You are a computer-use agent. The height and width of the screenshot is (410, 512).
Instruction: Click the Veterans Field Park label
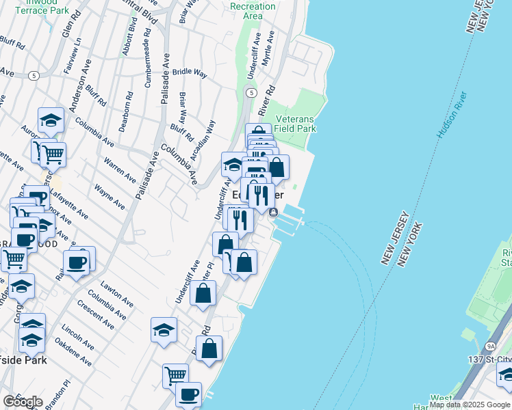click(x=295, y=123)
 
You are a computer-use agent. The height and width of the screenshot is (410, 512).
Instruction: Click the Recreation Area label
click(x=253, y=11)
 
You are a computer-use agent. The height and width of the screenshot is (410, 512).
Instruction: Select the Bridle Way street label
click(x=190, y=71)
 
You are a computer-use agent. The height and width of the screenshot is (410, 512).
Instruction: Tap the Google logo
click(x=23, y=402)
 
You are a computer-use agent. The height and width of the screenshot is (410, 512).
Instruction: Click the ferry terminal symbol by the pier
click(x=273, y=213)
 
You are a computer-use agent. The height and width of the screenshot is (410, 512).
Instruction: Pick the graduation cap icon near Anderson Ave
click(x=51, y=120)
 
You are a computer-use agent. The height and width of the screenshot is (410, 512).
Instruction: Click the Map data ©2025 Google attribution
click(x=470, y=405)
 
